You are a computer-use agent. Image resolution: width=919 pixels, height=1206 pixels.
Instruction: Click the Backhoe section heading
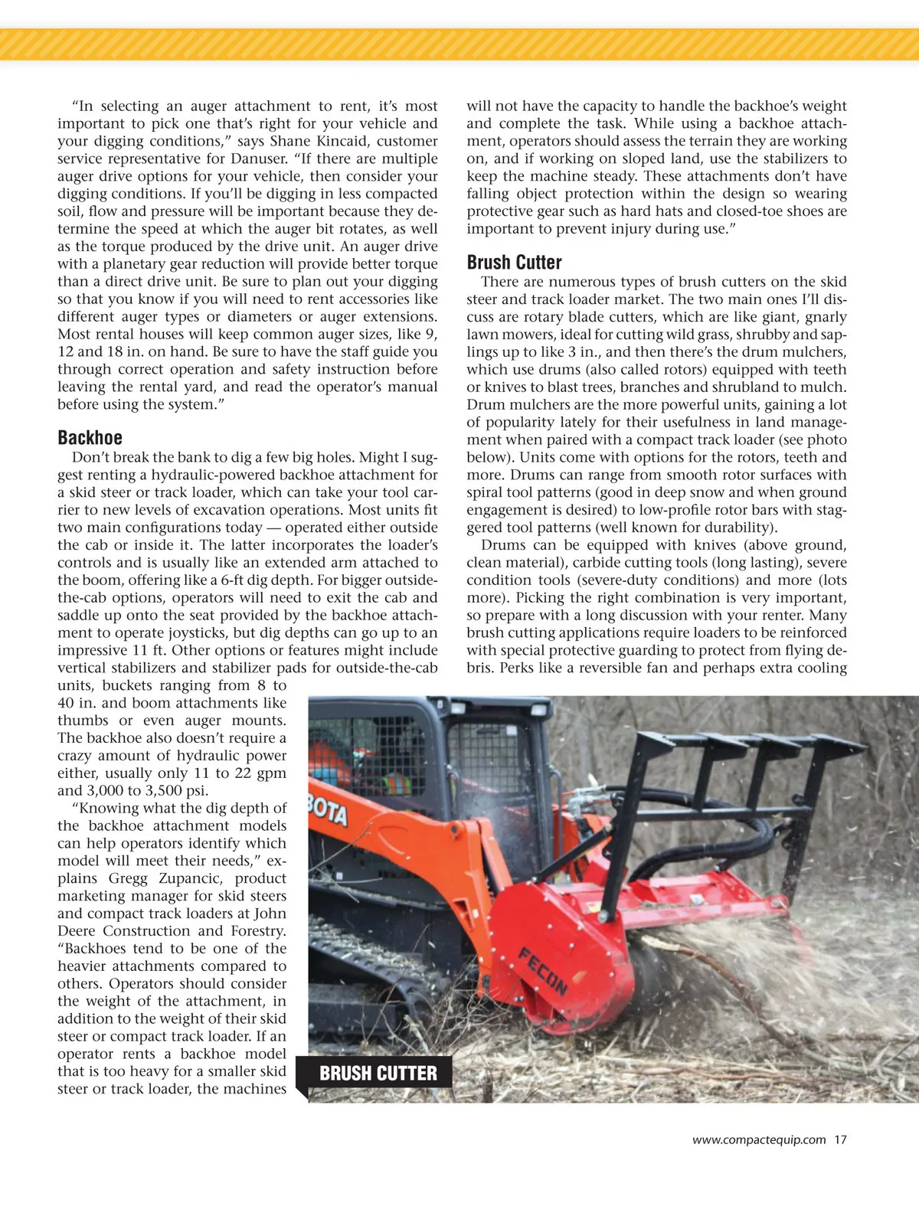click(90, 438)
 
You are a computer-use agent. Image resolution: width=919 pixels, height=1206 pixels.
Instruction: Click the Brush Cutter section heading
click(514, 263)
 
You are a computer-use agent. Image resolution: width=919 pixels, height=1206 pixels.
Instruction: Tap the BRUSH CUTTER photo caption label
click(378, 1074)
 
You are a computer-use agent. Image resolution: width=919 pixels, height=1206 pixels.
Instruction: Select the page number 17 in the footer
click(840, 1139)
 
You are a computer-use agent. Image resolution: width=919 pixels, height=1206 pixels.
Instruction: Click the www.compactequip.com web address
click(758, 1139)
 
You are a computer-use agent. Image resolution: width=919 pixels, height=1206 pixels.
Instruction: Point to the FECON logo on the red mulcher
click(543, 970)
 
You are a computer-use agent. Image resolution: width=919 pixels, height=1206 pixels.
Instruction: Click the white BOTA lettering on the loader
click(327, 810)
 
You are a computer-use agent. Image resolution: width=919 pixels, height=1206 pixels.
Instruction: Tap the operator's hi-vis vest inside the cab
click(396, 783)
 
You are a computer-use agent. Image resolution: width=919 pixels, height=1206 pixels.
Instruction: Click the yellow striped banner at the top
click(459, 44)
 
